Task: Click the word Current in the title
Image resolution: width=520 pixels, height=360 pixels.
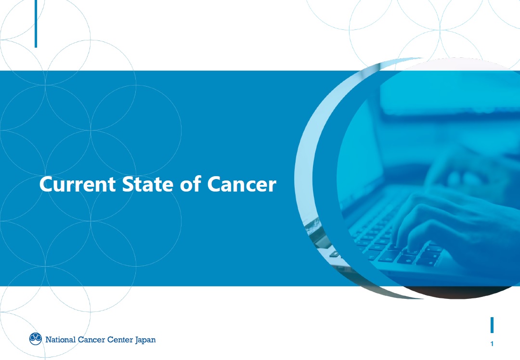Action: pos(78,184)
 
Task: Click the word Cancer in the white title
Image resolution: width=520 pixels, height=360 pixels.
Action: pos(242,184)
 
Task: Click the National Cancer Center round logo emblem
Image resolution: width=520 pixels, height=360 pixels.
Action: pos(36,339)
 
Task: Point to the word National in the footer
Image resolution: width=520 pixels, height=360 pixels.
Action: pos(60,339)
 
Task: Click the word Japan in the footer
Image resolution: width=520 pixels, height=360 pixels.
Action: pos(145,340)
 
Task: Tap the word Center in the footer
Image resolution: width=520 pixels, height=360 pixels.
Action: pos(120,339)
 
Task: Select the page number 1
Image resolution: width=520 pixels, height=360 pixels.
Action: pos(492,344)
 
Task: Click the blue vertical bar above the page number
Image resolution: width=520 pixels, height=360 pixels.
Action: pos(492,325)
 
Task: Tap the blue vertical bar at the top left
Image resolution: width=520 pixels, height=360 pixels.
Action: pos(36,24)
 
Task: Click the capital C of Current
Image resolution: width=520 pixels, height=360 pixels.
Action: pos(47,184)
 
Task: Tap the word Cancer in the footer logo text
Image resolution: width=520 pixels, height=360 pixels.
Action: pos(91,339)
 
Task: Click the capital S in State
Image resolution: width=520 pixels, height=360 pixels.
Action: pos(128,184)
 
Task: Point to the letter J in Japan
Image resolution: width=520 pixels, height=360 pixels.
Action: pos(137,340)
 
